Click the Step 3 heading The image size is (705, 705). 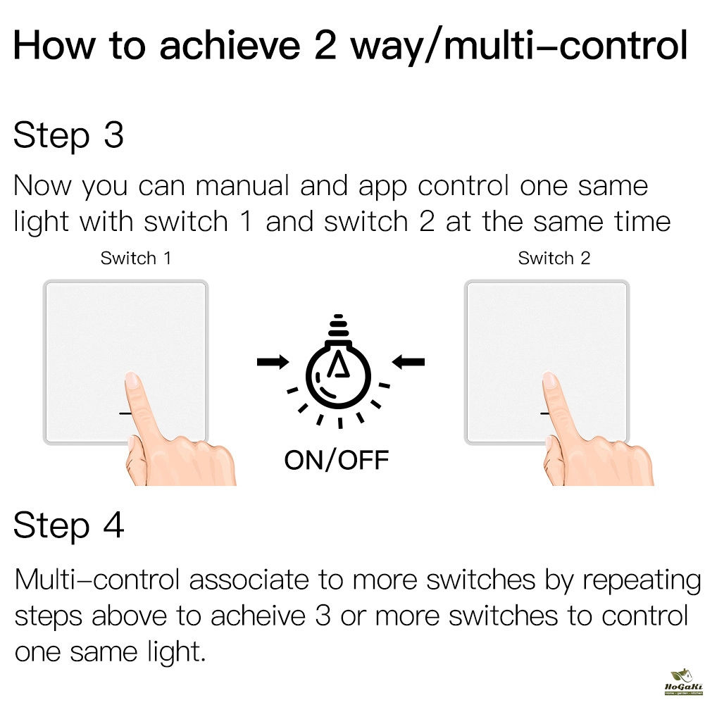click(68, 136)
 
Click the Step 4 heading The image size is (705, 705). click(69, 525)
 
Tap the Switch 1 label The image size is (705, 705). click(136, 258)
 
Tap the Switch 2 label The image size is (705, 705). click(554, 258)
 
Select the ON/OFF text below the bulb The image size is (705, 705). click(337, 460)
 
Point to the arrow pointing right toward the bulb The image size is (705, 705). click(273, 361)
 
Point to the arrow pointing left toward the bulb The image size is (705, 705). click(408, 361)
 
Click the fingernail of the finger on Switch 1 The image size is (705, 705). click(132, 380)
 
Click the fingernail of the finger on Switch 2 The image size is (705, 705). click(549, 380)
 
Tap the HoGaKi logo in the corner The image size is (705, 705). click(682, 682)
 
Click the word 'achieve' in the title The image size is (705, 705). click(230, 46)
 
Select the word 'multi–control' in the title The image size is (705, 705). click(566, 45)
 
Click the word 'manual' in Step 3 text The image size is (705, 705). click(242, 186)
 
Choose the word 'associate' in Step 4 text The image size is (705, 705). click(249, 580)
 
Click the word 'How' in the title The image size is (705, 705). click(54, 45)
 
